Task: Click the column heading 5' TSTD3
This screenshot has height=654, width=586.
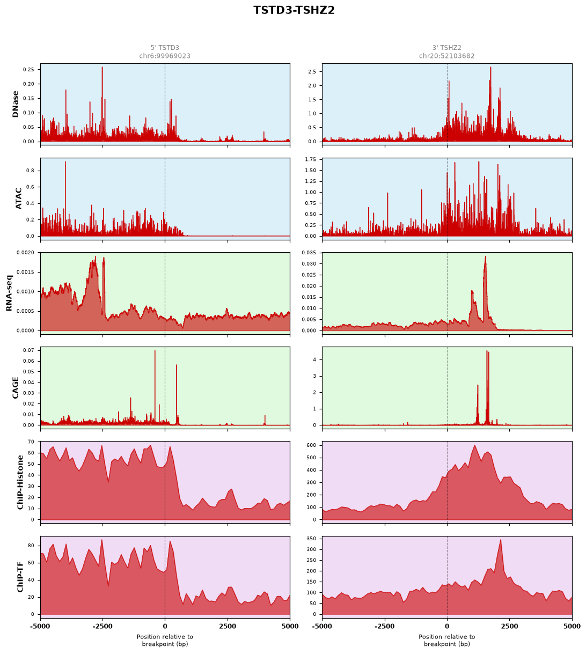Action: [x=165, y=48]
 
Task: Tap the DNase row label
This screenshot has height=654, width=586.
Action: [x=15, y=104]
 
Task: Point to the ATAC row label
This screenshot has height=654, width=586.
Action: [x=18, y=198]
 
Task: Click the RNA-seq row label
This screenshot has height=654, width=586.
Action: [x=9, y=293]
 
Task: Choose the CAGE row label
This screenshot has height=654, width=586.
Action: [x=15, y=387]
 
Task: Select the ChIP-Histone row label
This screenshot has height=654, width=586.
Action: [x=20, y=482]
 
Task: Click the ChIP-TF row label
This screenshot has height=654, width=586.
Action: [x=20, y=577]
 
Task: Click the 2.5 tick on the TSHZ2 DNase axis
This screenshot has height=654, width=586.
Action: [x=312, y=71]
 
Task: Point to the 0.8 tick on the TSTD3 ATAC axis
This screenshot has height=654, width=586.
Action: [x=30, y=171]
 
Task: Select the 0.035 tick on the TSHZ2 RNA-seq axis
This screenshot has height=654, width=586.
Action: [x=309, y=253]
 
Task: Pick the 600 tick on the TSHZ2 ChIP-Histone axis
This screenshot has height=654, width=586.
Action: [x=311, y=445]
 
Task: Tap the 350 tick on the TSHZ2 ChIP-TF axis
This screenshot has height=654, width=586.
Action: [x=311, y=539]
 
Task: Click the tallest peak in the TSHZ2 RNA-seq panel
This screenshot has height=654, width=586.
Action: [x=485, y=256]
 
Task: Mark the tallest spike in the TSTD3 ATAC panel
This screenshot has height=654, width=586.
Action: [x=65, y=161]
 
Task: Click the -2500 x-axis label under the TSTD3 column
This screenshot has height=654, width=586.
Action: [x=102, y=627]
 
